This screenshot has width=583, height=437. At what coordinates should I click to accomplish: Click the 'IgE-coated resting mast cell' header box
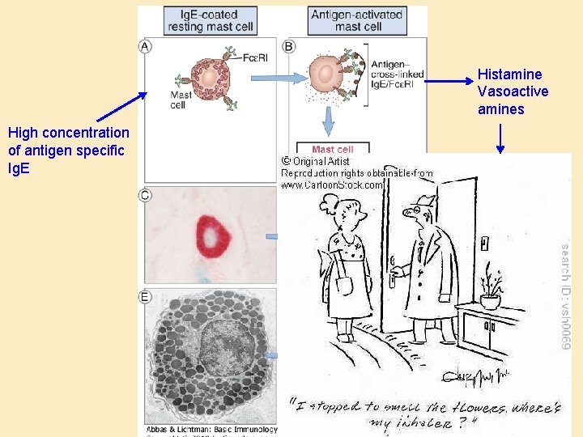tap(211, 20)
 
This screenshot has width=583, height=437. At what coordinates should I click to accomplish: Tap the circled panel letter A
tap(146, 47)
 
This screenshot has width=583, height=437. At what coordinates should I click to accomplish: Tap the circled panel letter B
tap(288, 47)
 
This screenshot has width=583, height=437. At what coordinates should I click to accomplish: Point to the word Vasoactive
tap(513, 91)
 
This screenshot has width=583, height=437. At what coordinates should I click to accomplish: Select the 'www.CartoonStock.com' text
tap(332, 185)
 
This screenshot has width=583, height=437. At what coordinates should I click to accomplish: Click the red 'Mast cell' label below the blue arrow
tap(333, 150)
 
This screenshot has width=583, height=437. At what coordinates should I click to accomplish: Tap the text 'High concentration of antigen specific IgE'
tap(68, 150)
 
